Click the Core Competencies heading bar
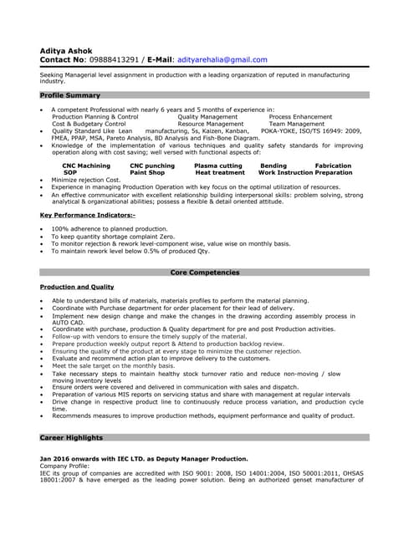pos(205,273)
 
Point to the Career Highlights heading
pos(71,437)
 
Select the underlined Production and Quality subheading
pos(77,287)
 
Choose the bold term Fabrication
pos(333,166)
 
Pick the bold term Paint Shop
pos(153,172)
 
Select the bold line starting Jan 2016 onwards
pos(143,459)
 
